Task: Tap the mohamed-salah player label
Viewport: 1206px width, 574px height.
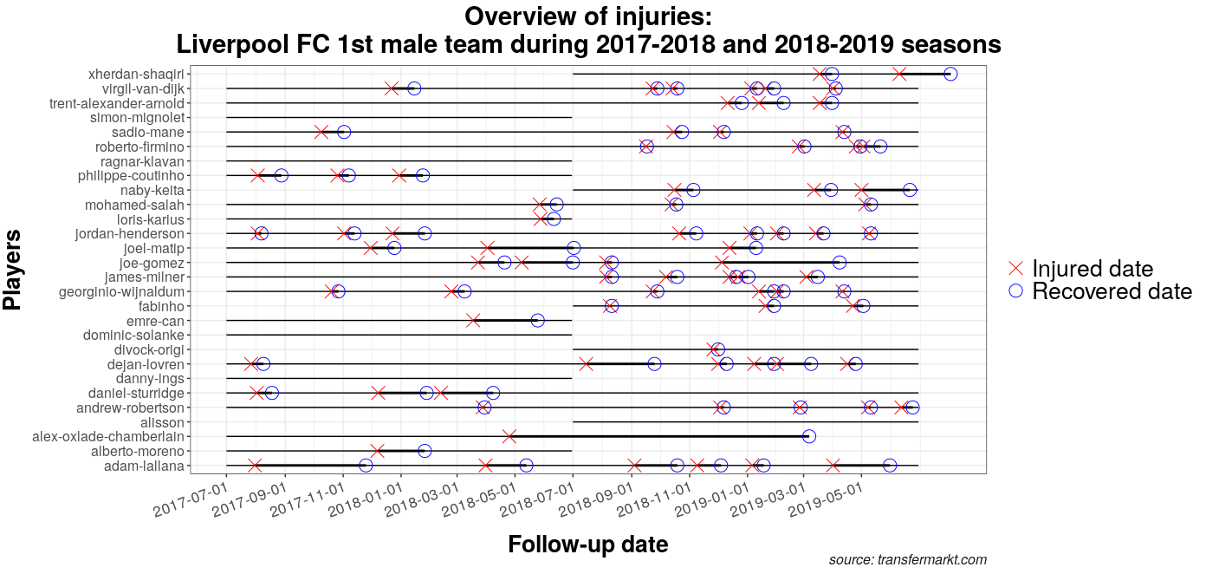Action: coord(134,205)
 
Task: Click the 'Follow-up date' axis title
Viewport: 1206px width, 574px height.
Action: coord(587,545)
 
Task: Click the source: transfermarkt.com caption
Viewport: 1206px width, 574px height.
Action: coord(907,560)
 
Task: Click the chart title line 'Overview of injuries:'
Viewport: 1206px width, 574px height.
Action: coord(588,16)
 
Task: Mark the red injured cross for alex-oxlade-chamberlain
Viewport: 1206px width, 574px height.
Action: coord(509,436)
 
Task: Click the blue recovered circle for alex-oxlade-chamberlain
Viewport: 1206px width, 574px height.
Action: coord(808,436)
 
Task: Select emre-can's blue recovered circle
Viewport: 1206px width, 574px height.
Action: coord(537,321)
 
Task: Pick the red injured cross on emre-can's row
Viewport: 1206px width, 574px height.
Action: coord(473,321)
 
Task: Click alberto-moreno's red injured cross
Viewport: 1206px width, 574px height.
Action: coord(378,451)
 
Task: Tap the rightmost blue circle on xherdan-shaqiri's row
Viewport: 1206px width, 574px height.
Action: coord(950,74)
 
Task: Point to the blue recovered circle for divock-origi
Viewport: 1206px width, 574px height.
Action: coord(718,349)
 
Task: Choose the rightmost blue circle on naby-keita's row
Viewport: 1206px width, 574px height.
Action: coord(910,190)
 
